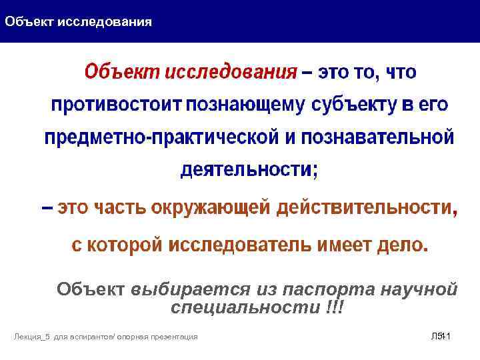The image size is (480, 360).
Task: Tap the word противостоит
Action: pos(117,105)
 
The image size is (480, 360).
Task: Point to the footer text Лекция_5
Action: pos(29,337)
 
